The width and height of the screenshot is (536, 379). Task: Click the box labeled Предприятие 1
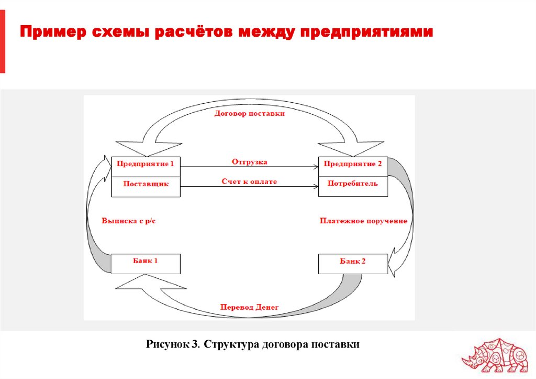click(x=146, y=164)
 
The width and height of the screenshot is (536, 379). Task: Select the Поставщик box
click(x=146, y=185)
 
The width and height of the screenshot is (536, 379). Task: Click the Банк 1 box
click(x=146, y=262)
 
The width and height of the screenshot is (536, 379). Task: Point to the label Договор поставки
click(x=249, y=114)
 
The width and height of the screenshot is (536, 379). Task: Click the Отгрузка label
click(x=249, y=162)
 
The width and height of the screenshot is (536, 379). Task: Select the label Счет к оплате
click(x=249, y=181)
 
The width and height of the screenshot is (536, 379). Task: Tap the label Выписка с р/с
click(x=129, y=221)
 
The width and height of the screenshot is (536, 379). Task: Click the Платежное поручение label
click(x=363, y=221)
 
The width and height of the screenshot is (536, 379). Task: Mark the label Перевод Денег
click(x=250, y=307)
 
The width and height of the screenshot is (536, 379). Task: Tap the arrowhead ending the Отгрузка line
click(x=316, y=167)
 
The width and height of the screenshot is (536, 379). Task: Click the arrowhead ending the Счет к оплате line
click(x=316, y=187)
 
